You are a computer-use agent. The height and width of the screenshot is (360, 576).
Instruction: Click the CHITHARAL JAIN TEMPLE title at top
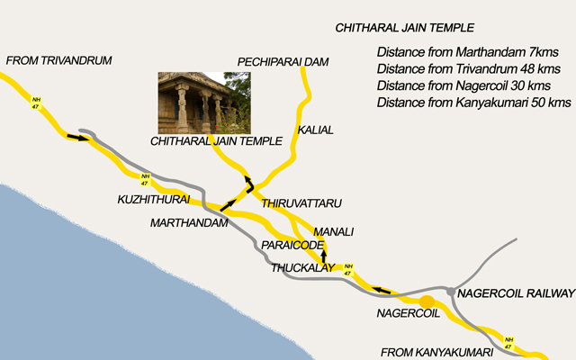pyautogui.click(x=404, y=29)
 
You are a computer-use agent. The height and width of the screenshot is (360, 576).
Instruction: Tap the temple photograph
pyautogui.click(x=192, y=103)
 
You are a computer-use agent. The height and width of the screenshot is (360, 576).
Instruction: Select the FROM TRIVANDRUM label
pyautogui.click(x=58, y=60)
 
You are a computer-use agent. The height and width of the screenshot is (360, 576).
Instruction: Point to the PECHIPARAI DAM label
pyautogui.click(x=283, y=61)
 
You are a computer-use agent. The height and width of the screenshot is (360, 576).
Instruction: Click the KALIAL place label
pyautogui.click(x=315, y=130)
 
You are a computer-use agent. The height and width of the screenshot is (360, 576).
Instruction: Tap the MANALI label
pyautogui.click(x=333, y=230)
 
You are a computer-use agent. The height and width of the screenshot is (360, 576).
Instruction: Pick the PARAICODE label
pyautogui.click(x=292, y=245)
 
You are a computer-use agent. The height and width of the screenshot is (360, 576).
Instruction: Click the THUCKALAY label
pyautogui.click(x=302, y=267)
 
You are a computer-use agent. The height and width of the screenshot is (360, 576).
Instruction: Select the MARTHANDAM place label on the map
pyautogui.click(x=189, y=222)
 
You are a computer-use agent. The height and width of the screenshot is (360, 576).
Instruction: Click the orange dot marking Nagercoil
pyautogui.click(x=427, y=301)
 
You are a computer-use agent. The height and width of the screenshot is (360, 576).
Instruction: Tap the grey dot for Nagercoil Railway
pyautogui.click(x=451, y=292)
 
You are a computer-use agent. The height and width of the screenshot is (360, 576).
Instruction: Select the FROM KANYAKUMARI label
pyautogui.click(x=435, y=352)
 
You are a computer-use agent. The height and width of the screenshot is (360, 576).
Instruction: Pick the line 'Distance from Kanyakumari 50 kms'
pyautogui.click(x=474, y=103)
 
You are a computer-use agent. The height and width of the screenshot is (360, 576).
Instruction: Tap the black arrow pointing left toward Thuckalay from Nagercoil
pyautogui.click(x=382, y=290)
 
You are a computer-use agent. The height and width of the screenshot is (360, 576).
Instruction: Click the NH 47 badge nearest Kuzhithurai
pyautogui.click(x=144, y=178)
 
